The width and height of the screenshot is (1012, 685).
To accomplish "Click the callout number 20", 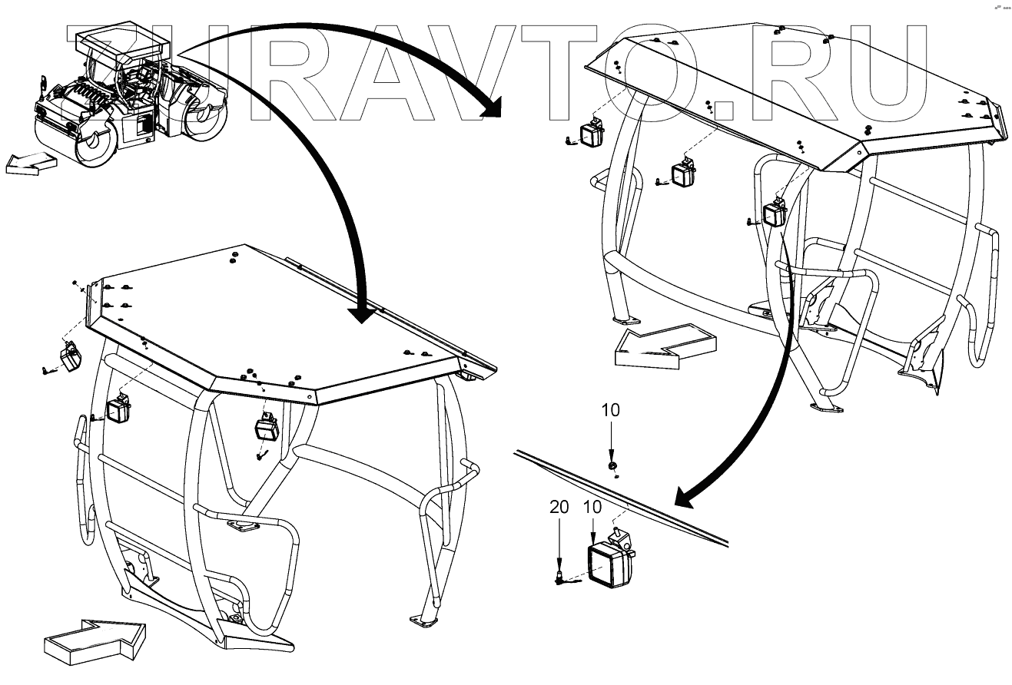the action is tap(559, 507).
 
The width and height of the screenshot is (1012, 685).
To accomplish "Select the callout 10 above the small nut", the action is tap(611, 410).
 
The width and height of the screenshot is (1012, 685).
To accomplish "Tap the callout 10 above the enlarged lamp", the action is tap(593, 507).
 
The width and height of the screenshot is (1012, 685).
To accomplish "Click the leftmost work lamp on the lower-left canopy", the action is tap(71, 357).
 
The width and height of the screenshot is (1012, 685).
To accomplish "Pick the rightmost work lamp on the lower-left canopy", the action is tap(267, 428).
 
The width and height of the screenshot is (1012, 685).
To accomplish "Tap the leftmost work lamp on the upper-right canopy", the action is tap(592, 134).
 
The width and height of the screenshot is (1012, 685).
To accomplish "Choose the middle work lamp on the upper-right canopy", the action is tap(683, 174).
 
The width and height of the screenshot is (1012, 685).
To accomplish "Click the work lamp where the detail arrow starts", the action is tap(775, 213).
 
